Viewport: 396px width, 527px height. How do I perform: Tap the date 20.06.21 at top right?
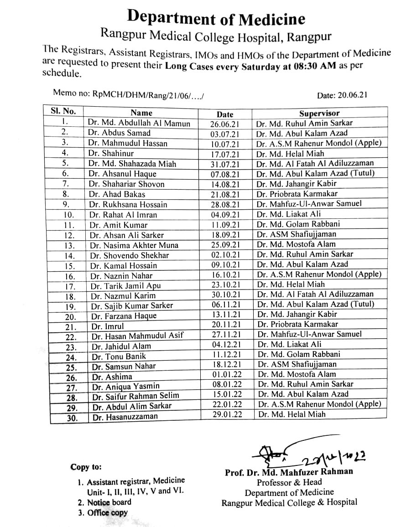point(342,95)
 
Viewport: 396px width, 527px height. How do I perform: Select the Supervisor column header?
point(319,113)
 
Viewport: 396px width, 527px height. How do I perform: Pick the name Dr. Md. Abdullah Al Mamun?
point(139,123)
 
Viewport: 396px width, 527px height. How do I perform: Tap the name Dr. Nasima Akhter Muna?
point(134,245)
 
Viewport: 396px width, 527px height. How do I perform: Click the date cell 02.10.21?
point(225,255)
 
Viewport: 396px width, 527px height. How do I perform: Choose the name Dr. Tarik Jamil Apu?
point(125,286)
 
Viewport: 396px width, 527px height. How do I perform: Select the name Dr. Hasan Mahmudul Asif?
point(137,336)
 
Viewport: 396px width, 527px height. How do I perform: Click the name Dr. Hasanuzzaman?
point(125,416)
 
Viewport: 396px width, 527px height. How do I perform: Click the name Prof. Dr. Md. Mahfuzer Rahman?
point(289,472)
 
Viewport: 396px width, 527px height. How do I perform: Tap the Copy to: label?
point(86,467)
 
